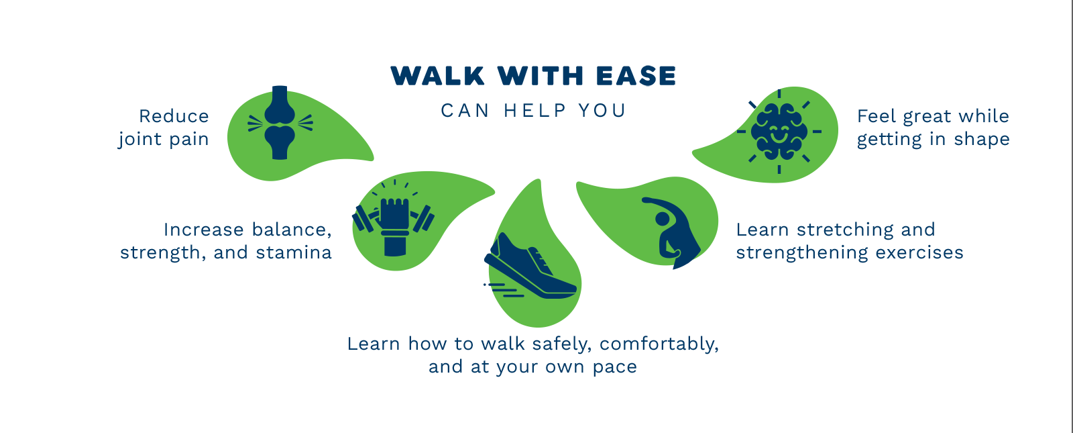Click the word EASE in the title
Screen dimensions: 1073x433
click(x=636, y=76)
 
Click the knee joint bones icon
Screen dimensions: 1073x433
click(x=280, y=123)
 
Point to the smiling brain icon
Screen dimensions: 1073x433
click(x=779, y=132)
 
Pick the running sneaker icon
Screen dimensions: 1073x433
click(x=530, y=267)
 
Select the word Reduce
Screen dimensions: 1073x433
click(x=174, y=116)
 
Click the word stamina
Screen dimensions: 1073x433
click(x=294, y=252)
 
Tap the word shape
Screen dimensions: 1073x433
click(x=982, y=140)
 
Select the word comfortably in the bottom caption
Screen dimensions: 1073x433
click(x=659, y=344)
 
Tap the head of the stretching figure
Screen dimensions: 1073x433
click(x=662, y=219)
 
